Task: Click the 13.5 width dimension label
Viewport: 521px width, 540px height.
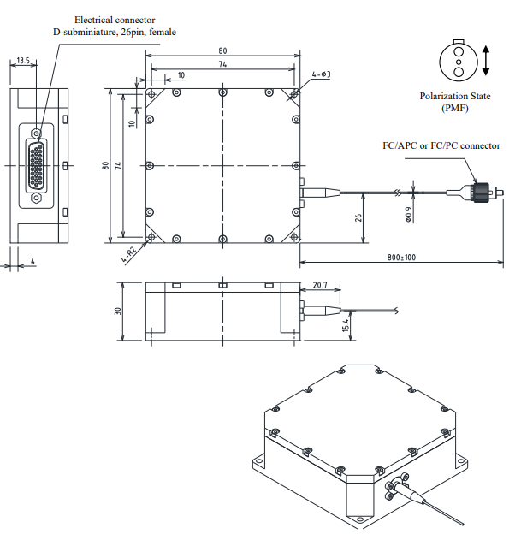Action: [x=22, y=61]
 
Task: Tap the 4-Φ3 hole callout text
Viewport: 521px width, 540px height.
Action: [x=322, y=75]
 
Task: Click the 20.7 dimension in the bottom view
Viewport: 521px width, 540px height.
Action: [x=320, y=284]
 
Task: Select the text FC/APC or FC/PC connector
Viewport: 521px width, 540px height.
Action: [x=441, y=145]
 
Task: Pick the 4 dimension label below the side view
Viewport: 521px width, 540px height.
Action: [x=32, y=260]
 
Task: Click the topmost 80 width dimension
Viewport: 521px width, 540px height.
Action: [x=223, y=50]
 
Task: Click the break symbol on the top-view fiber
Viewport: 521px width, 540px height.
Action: [x=396, y=192]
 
